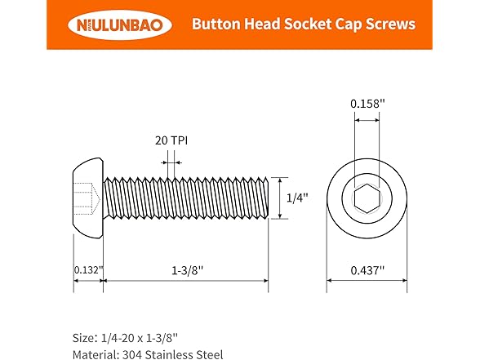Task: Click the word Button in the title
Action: point(215,24)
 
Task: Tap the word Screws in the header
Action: point(390,24)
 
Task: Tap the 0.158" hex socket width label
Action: point(367,104)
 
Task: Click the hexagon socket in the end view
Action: point(367,197)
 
